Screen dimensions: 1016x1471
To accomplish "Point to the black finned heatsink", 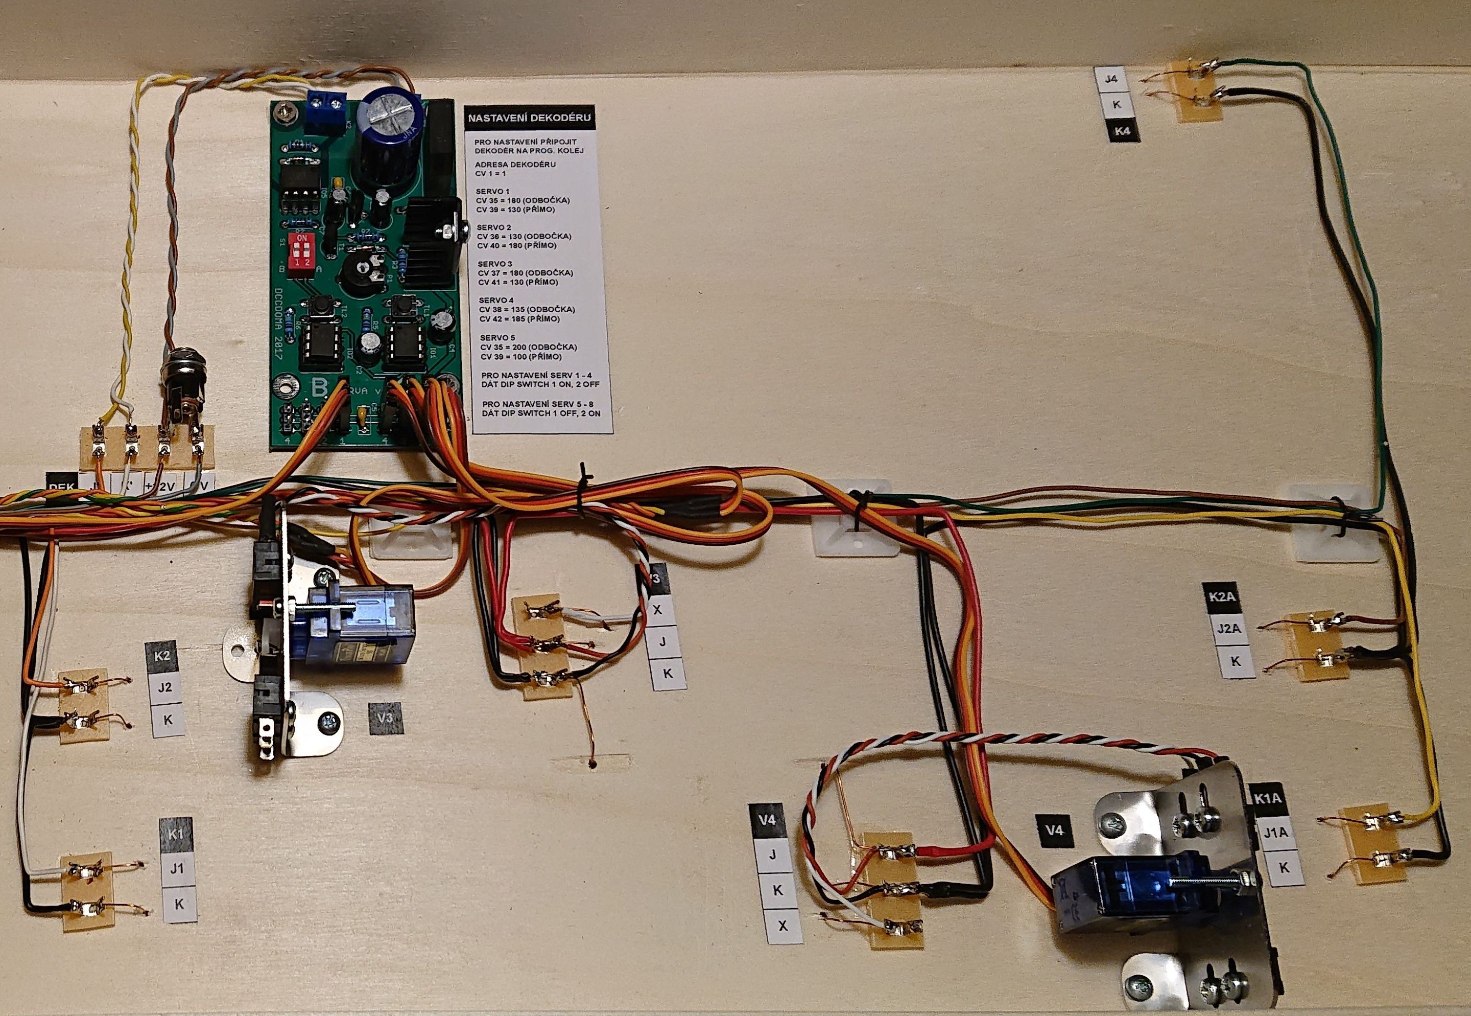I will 433,240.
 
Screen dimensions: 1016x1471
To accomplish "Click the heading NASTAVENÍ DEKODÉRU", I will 529,118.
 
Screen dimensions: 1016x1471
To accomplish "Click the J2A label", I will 1228,628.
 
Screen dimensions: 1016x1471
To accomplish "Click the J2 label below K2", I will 165,687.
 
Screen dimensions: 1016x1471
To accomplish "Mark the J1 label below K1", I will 177,868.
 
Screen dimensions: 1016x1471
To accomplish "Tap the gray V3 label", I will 386,718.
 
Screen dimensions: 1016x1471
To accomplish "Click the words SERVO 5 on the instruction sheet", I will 497,337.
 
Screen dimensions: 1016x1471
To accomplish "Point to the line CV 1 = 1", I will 490,173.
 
